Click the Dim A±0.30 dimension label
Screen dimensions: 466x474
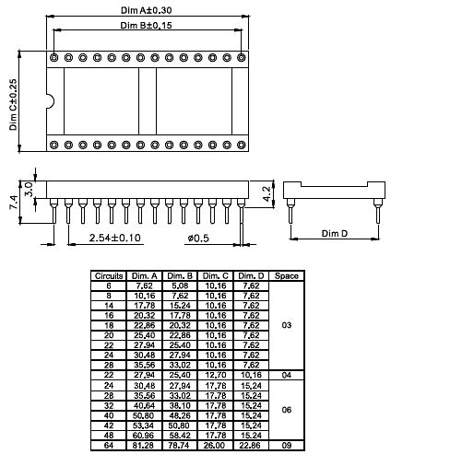148,9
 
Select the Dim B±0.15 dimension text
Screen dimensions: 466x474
148,25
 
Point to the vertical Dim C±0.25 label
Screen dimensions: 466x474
14,104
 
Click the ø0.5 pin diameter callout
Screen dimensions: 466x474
197,238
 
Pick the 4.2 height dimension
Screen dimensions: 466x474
266,192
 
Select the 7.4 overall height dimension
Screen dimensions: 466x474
14,203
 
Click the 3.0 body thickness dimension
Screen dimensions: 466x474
29,188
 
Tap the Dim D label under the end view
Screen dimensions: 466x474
335,234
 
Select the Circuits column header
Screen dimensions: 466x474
110,276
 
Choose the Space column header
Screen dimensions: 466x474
286,276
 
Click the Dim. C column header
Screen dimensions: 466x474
216,276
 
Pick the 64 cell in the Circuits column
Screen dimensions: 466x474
110,446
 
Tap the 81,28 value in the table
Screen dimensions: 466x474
145,446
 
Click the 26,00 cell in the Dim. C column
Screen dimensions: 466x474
216,446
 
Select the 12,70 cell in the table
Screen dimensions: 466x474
216,375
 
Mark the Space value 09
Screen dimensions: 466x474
286,446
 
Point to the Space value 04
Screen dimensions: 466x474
286,375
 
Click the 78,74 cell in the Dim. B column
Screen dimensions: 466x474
181,446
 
